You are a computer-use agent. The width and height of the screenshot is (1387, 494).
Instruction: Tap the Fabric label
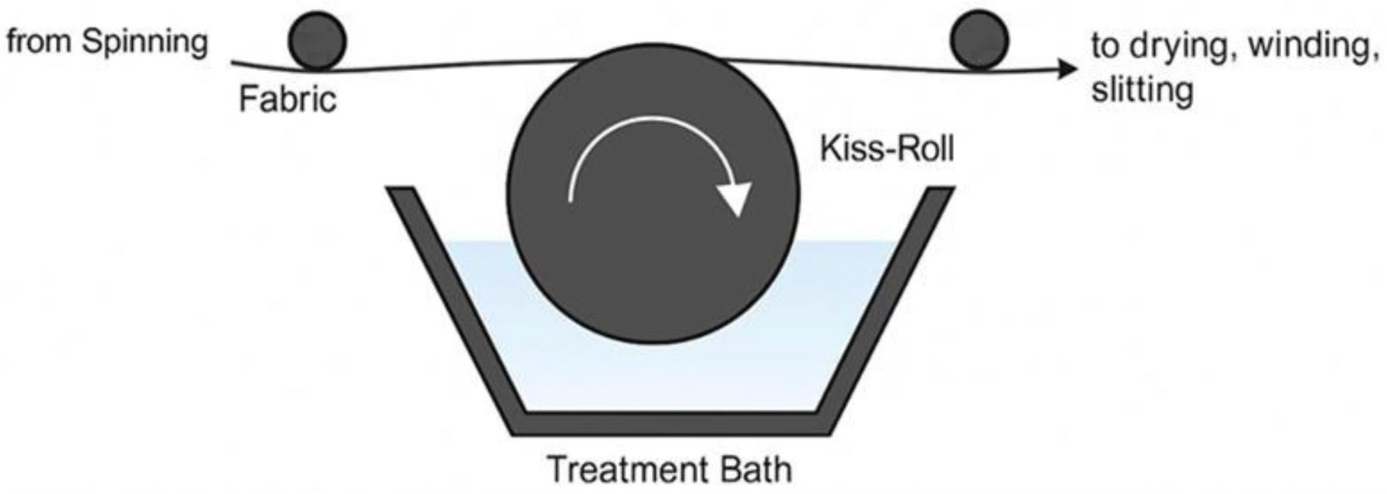pyautogui.click(x=288, y=100)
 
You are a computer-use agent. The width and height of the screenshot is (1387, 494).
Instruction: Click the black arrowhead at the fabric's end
pyautogui.click(x=1067, y=69)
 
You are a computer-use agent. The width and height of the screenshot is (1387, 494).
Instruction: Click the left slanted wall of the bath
pyautogui.click(x=452, y=307)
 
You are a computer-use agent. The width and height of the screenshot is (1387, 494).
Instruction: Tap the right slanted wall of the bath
pyautogui.click(x=888, y=307)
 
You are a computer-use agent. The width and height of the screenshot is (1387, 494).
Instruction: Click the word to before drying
pyautogui.click(x=1107, y=45)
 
